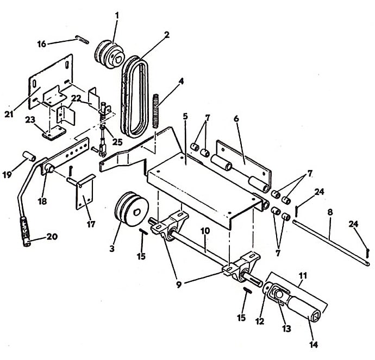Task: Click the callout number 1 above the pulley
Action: pos(117,16)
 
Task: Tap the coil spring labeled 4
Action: pos(155,111)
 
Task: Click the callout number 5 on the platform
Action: pos(185,117)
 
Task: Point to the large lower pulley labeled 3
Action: pos(132,209)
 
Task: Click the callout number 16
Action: pos(42,44)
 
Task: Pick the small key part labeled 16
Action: pos(82,40)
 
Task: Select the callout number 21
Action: pos(9,114)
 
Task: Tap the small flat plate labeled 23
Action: pos(54,133)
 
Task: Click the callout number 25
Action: pos(117,142)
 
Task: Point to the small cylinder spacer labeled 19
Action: pos(29,155)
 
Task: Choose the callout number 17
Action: pos(91,224)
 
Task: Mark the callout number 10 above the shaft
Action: pos(205,231)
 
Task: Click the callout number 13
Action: pos(287,329)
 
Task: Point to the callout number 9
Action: pos(179,285)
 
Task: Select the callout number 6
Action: pos(236,118)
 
